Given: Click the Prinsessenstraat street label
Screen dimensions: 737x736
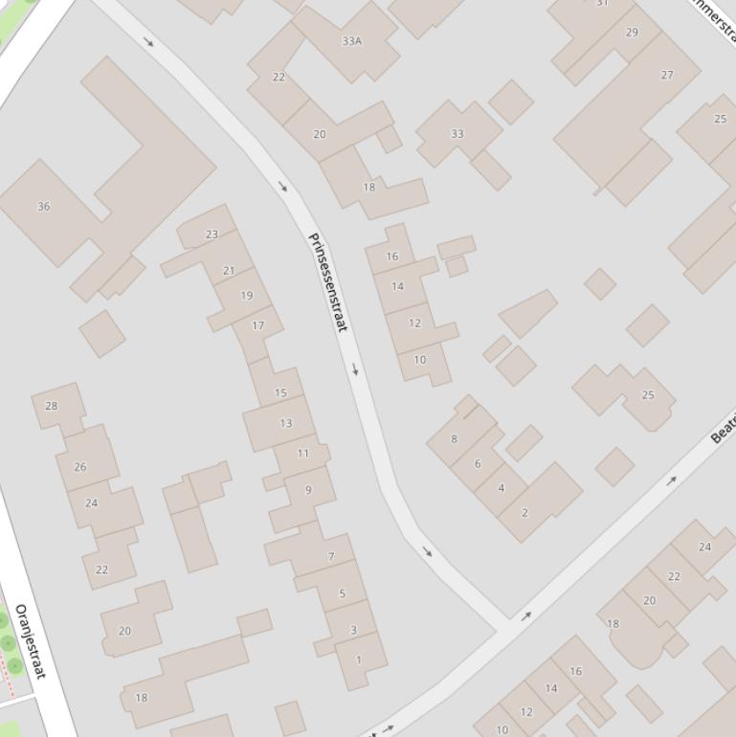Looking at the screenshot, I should tap(326, 282).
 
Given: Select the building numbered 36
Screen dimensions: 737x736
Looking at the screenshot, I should tap(43, 206).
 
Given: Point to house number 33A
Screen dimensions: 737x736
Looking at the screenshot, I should tap(351, 41).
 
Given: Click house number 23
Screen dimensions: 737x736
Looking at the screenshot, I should tap(212, 234).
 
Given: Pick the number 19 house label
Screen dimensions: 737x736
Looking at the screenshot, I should tap(247, 296).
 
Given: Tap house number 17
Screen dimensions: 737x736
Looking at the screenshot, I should tap(257, 325).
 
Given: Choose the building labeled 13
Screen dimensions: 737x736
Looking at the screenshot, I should tap(285, 423).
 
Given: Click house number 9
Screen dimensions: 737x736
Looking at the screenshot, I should tap(308, 490).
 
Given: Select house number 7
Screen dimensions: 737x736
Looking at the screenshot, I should tap(331, 556).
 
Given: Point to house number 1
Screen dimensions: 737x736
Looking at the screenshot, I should tap(359, 659).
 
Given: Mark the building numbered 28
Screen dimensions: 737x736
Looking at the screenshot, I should tap(51, 406).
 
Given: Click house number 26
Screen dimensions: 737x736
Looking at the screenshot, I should tap(79, 467).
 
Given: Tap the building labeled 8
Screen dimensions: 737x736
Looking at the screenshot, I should tap(454, 439).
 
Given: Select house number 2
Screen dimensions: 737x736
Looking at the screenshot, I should tap(524, 513).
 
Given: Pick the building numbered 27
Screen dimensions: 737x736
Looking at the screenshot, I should tap(667, 75).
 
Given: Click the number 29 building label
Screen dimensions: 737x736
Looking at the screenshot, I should tap(632, 33).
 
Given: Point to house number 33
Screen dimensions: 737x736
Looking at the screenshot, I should tap(457, 134).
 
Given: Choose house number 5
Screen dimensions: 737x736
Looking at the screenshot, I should tap(342, 594).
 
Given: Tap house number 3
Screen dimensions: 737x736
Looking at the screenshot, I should tap(352, 630).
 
